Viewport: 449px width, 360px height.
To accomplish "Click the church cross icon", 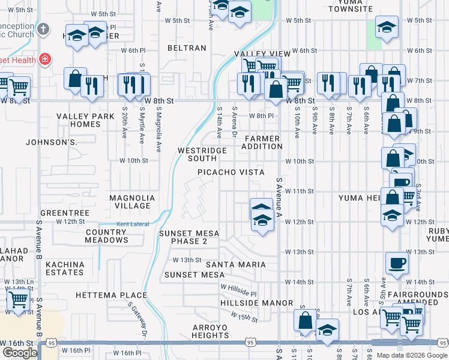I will (43, 29).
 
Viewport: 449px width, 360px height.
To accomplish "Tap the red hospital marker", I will (44, 59).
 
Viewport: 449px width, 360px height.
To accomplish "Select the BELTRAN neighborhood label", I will (187, 48).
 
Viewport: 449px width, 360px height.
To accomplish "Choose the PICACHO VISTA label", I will (231, 172).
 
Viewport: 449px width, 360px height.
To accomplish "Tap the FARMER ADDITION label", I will (262, 142).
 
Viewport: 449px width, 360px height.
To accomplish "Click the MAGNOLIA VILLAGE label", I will (132, 202).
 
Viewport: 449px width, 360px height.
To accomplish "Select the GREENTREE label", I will (65, 213).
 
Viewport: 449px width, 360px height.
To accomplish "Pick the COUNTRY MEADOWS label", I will (107, 236).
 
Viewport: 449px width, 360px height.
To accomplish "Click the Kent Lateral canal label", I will (131, 224).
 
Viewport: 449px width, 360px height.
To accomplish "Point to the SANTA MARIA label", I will (235, 264).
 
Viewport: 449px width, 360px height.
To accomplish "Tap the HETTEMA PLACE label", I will (112, 295).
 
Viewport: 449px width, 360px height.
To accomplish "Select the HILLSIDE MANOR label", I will (257, 303).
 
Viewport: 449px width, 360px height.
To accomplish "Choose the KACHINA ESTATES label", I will (65, 268).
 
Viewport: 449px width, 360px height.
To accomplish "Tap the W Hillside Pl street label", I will (238, 291).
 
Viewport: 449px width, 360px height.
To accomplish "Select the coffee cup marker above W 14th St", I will (397, 263).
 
